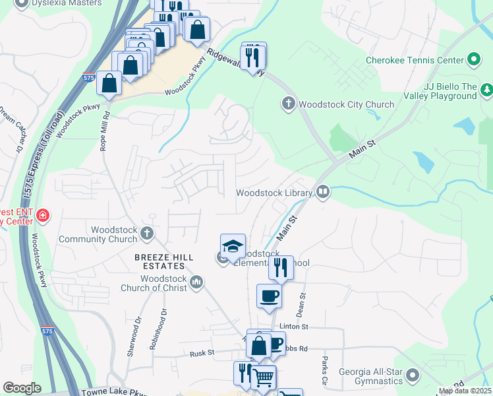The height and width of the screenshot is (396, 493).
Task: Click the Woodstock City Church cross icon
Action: click(288, 104)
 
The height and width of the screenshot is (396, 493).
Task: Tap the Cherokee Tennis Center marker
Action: click(473, 60)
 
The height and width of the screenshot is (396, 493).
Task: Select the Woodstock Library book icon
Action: click(323, 193)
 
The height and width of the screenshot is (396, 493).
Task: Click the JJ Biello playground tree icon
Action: click(486, 90)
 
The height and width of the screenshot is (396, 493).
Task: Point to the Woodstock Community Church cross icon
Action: click(147, 233)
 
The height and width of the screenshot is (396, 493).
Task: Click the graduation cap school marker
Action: click(233, 247)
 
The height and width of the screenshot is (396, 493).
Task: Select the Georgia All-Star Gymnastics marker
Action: click(413, 376)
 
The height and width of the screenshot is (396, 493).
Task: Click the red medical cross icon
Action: click(43, 216)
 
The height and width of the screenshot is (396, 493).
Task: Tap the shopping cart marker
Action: click(264, 378)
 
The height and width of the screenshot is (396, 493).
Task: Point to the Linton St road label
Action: click(294, 327)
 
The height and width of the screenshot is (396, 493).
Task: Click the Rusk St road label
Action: click(202, 353)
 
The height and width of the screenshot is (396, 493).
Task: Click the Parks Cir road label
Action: click(324, 371)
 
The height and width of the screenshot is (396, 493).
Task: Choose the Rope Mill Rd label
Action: click(103, 133)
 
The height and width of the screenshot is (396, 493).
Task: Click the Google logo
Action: click(22, 388)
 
